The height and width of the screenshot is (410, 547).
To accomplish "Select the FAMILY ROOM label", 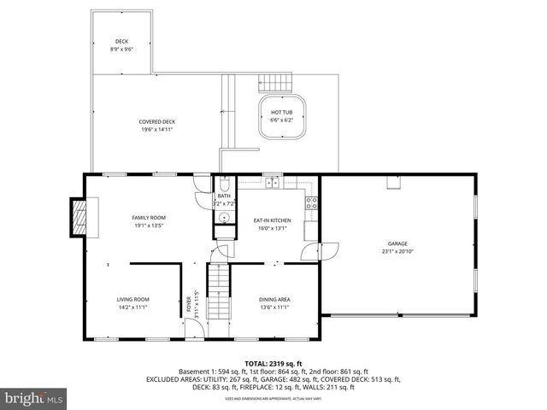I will pos(147,218).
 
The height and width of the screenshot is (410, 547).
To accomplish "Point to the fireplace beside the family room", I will pos(79,217).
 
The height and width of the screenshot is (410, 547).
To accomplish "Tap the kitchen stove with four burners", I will pos(312,203).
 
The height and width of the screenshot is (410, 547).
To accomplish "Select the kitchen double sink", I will pos(273,183).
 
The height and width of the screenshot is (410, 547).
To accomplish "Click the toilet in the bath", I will pos(222,185).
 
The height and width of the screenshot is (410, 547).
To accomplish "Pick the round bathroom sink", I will pos(222,217).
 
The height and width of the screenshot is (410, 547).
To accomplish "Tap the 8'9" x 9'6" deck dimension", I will pos(121,50).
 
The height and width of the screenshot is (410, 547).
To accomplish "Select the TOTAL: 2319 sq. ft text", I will pos(273,363).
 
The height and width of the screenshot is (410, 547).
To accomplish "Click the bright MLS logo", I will pos(33,398).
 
